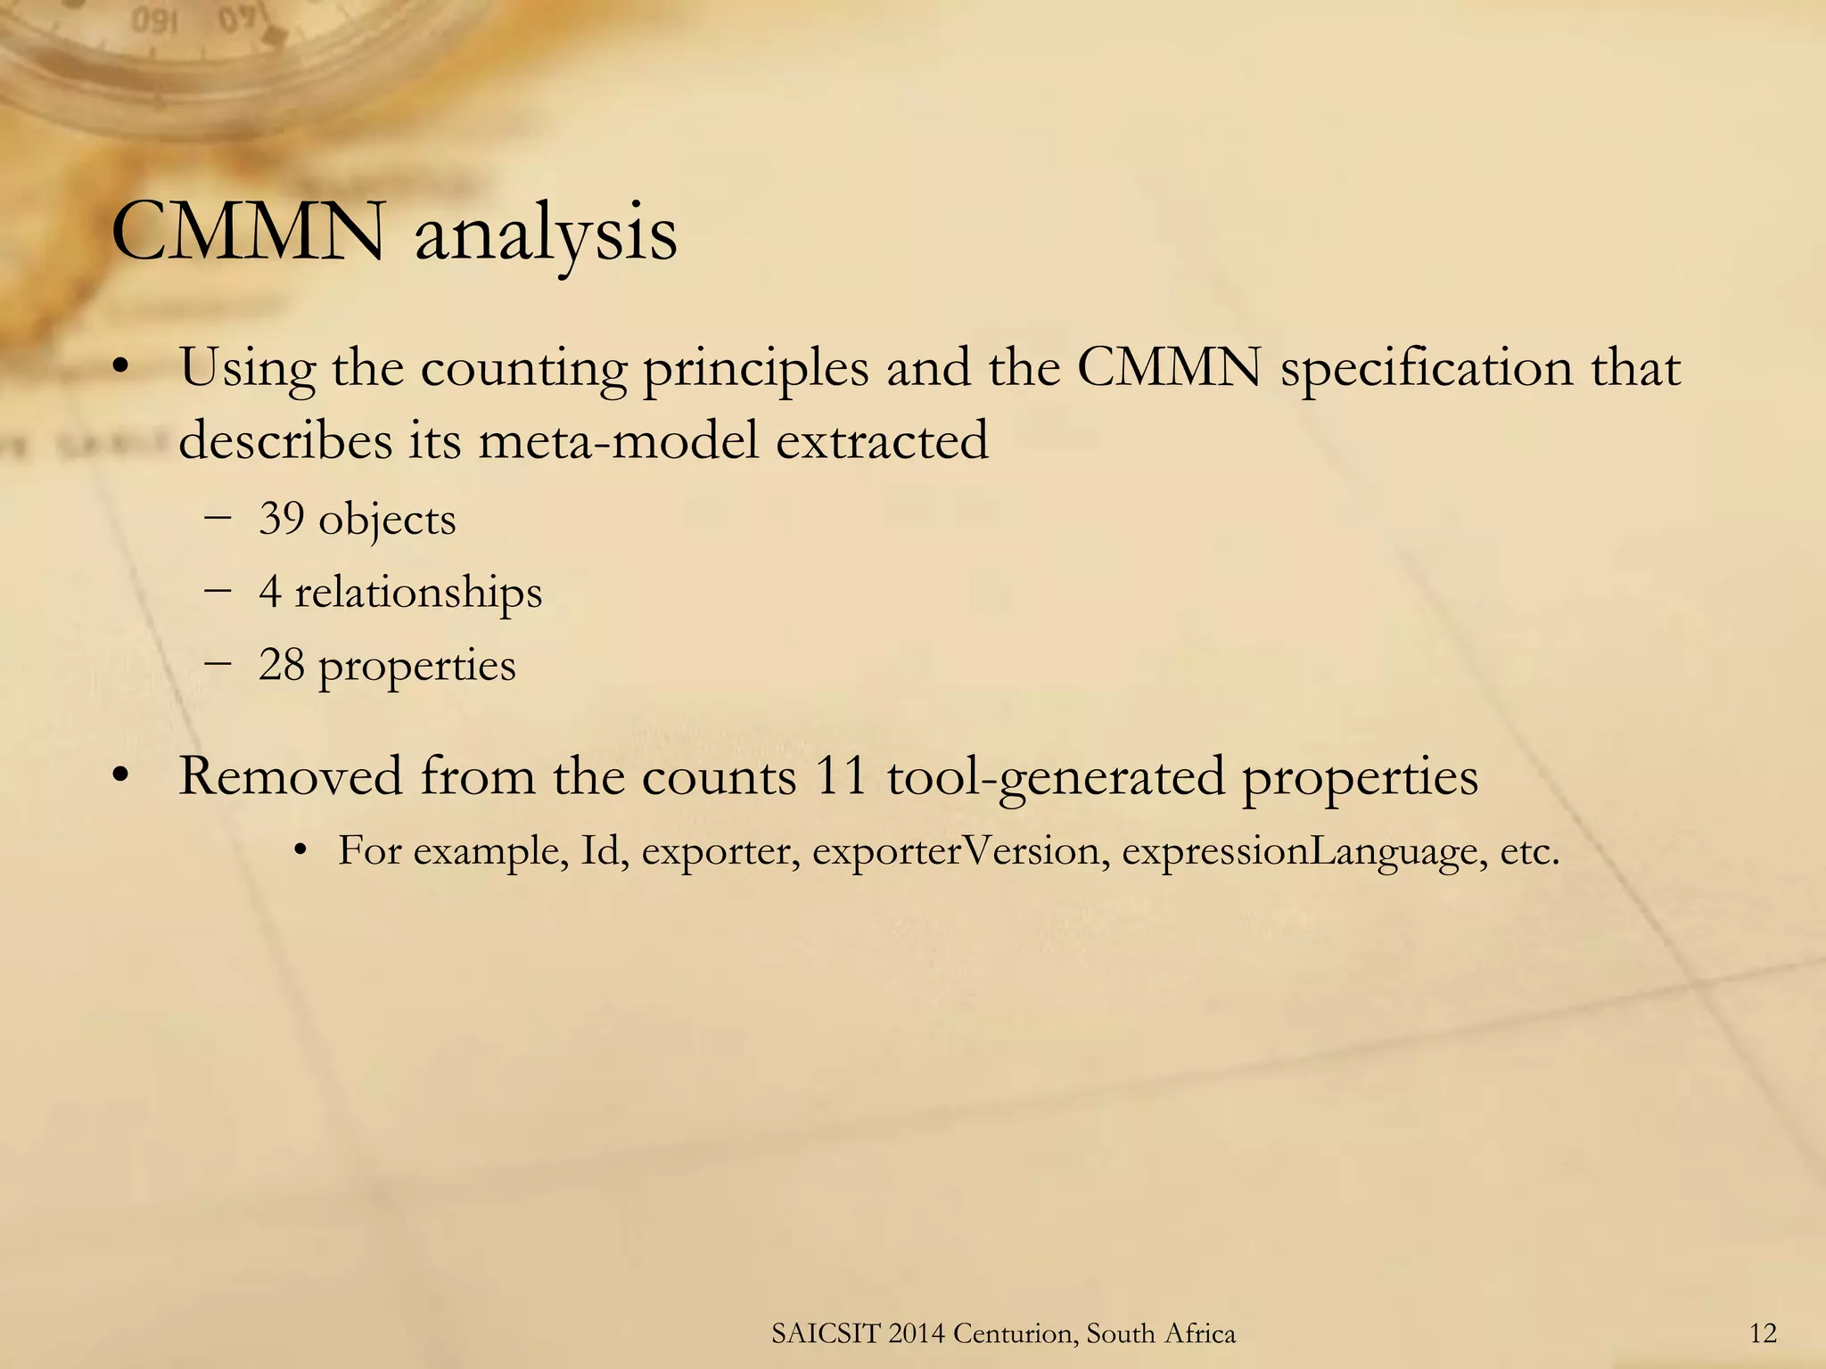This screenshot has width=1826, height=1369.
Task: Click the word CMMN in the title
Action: (249, 234)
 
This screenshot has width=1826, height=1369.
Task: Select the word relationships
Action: (418, 592)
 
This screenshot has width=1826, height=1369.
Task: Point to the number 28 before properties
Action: (281, 665)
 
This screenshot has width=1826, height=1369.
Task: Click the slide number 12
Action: (1763, 1333)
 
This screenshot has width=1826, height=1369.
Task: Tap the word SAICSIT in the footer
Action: (825, 1333)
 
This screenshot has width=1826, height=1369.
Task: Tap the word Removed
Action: (291, 775)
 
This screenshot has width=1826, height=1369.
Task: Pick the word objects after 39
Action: (387, 520)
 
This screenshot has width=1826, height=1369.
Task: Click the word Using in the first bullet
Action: (247, 369)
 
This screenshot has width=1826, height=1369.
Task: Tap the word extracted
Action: (882, 440)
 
